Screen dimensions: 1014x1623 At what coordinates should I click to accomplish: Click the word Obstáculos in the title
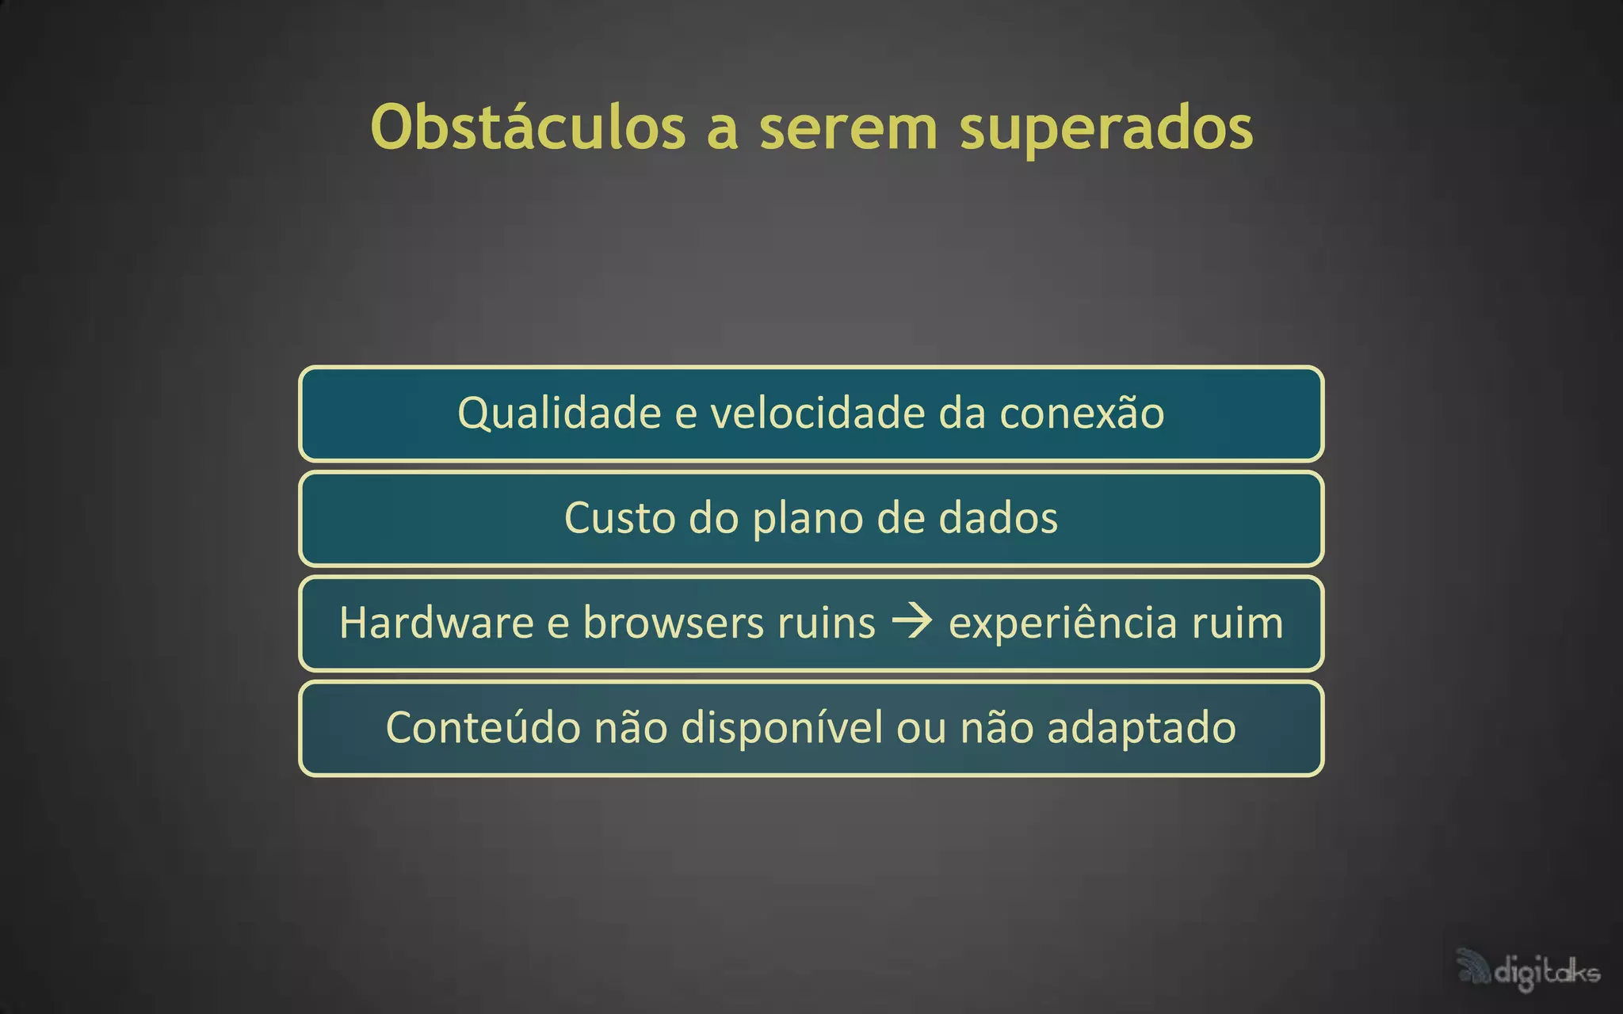pos(528,127)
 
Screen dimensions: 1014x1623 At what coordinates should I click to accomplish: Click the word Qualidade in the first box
pos(559,414)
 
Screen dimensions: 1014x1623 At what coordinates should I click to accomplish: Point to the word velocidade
pos(817,414)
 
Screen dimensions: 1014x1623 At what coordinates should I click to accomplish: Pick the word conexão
pos(1082,414)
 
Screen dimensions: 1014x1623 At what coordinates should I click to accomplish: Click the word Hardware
pos(437,623)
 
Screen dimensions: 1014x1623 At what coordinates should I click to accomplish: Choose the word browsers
pos(674,623)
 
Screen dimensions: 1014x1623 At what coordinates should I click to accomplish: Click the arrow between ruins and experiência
pos(912,621)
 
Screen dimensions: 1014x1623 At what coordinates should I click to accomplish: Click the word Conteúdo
pos(483,727)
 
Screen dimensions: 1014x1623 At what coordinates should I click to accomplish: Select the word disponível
pos(781,727)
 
